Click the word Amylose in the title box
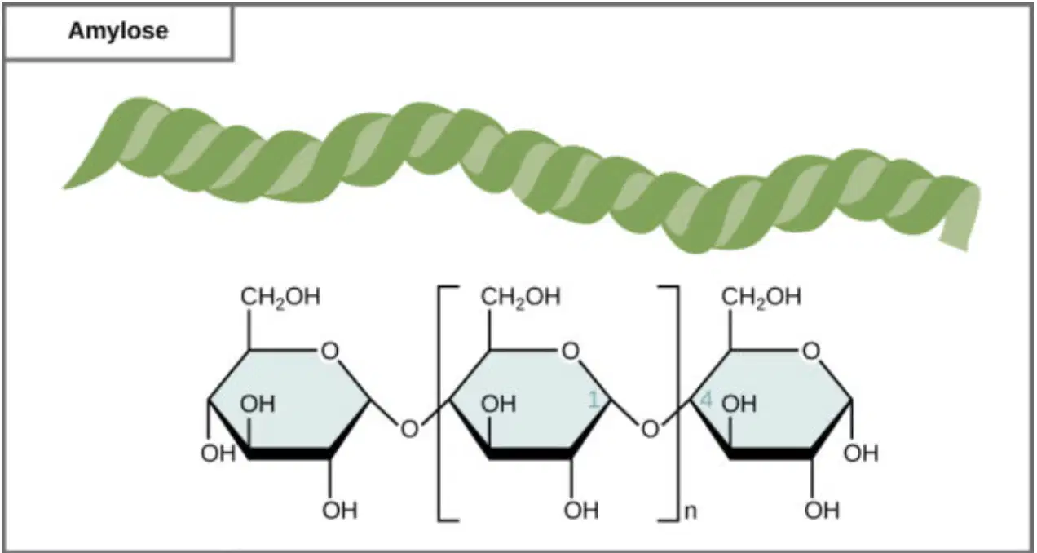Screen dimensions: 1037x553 click(118, 32)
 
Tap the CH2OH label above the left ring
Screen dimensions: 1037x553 click(280, 297)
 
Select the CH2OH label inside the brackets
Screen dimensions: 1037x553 click(521, 297)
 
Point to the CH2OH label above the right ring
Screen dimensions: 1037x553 click(761, 297)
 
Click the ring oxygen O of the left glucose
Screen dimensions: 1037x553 click(329, 351)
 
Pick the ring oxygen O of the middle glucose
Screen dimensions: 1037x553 click(571, 351)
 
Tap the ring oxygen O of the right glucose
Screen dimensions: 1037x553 click(811, 351)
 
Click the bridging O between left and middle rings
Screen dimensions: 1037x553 click(409, 429)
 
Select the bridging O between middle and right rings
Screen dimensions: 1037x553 click(650, 429)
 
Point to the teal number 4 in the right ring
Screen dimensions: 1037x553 click(706, 399)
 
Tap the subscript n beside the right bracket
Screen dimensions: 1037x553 click(691, 511)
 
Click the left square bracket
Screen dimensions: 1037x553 click(439, 404)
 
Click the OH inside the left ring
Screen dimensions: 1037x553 click(258, 404)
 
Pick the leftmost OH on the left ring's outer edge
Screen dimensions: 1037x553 click(218, 453)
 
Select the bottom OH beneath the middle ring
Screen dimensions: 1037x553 click(581, 511)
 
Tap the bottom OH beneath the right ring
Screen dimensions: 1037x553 click(822, 511)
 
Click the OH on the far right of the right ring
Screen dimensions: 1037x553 click(861, 453)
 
